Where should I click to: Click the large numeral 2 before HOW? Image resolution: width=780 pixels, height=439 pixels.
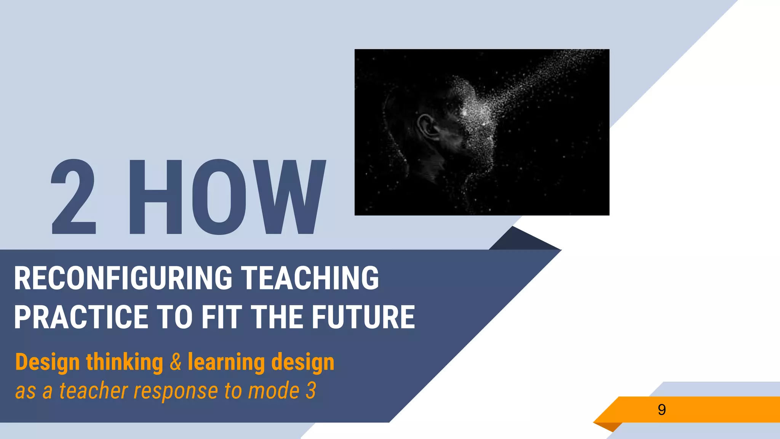click(74, 197)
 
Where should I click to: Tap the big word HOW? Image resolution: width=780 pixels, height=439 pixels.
click(227, 197)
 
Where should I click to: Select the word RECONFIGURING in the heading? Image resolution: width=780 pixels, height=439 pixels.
click(123, 278)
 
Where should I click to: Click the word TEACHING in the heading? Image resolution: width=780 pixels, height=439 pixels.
click(310, 278)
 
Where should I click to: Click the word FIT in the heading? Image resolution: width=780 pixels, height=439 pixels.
click(221, 317)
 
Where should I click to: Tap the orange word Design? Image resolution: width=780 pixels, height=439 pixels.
click(47, 362)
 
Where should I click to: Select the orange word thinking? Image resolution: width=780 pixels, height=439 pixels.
click(125, 362)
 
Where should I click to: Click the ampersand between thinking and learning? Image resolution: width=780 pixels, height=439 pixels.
click(176, 362)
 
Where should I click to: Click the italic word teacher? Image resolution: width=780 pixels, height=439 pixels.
click(93, 391)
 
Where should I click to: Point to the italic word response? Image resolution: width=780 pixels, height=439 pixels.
click(176, 391)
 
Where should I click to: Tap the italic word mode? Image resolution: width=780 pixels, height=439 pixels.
click(273, 391)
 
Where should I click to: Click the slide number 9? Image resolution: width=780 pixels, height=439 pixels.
click(662, 410)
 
